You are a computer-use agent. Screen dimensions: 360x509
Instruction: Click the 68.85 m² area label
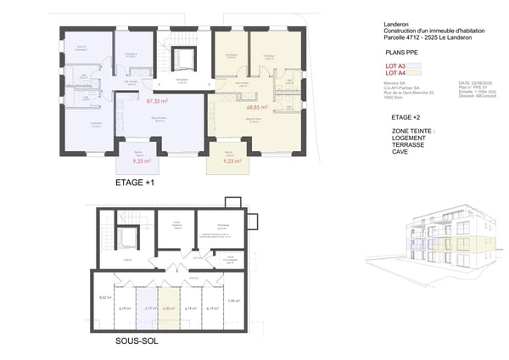[x=257, y=108]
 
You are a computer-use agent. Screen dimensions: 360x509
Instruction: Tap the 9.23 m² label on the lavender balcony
[x=142, y=160]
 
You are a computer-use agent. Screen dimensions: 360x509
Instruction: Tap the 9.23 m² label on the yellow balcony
[x=234, y=160]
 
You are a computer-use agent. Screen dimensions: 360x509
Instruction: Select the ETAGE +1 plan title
[x=140, y=183]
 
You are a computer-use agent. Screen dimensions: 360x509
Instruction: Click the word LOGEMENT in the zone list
[x=408, y=139]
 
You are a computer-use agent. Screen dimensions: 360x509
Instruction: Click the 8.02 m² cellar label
[x=105, y=298]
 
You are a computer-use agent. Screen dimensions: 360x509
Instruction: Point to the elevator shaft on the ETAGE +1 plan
[x=182, y=60]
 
